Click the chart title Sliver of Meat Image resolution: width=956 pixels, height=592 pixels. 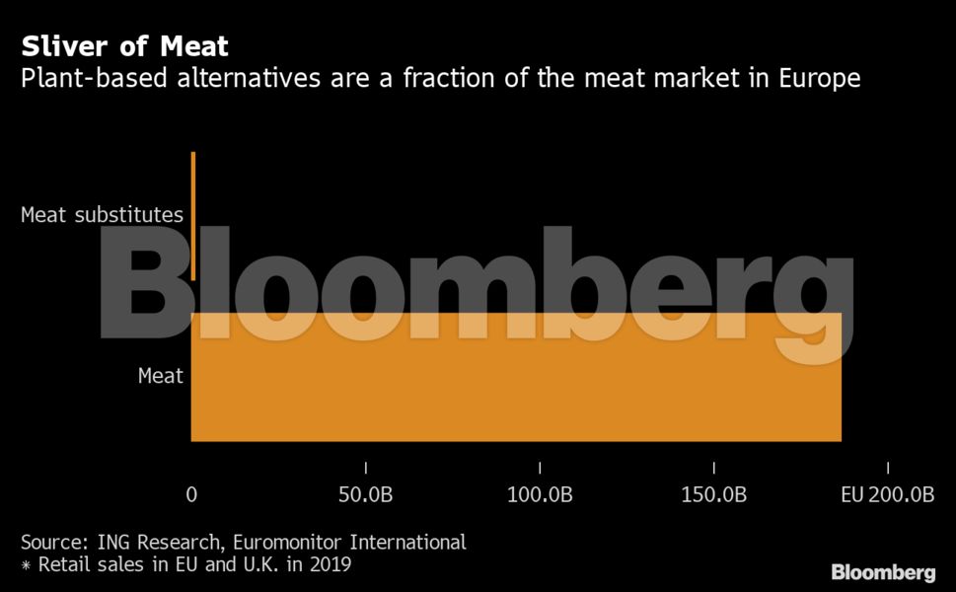(x=125, y=46)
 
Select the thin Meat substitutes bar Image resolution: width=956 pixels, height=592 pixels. (x=193, y=215)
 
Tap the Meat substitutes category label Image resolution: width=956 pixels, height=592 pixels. (x=103, y=215)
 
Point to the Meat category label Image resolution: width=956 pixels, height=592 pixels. (x=160, y=376)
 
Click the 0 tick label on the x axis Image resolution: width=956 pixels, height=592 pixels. (x=191, y=495)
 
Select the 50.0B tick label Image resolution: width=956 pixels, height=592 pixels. (x=366, y=495)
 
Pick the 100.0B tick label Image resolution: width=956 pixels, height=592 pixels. (x=540, y=495)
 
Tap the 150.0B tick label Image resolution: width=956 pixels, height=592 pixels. (x=714, y=495)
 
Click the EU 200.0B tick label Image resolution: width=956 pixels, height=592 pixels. (x=887, y=495)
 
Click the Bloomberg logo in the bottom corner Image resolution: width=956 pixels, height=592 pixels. (x=883, y=572)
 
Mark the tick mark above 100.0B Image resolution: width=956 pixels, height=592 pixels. (x=540, y=468)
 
